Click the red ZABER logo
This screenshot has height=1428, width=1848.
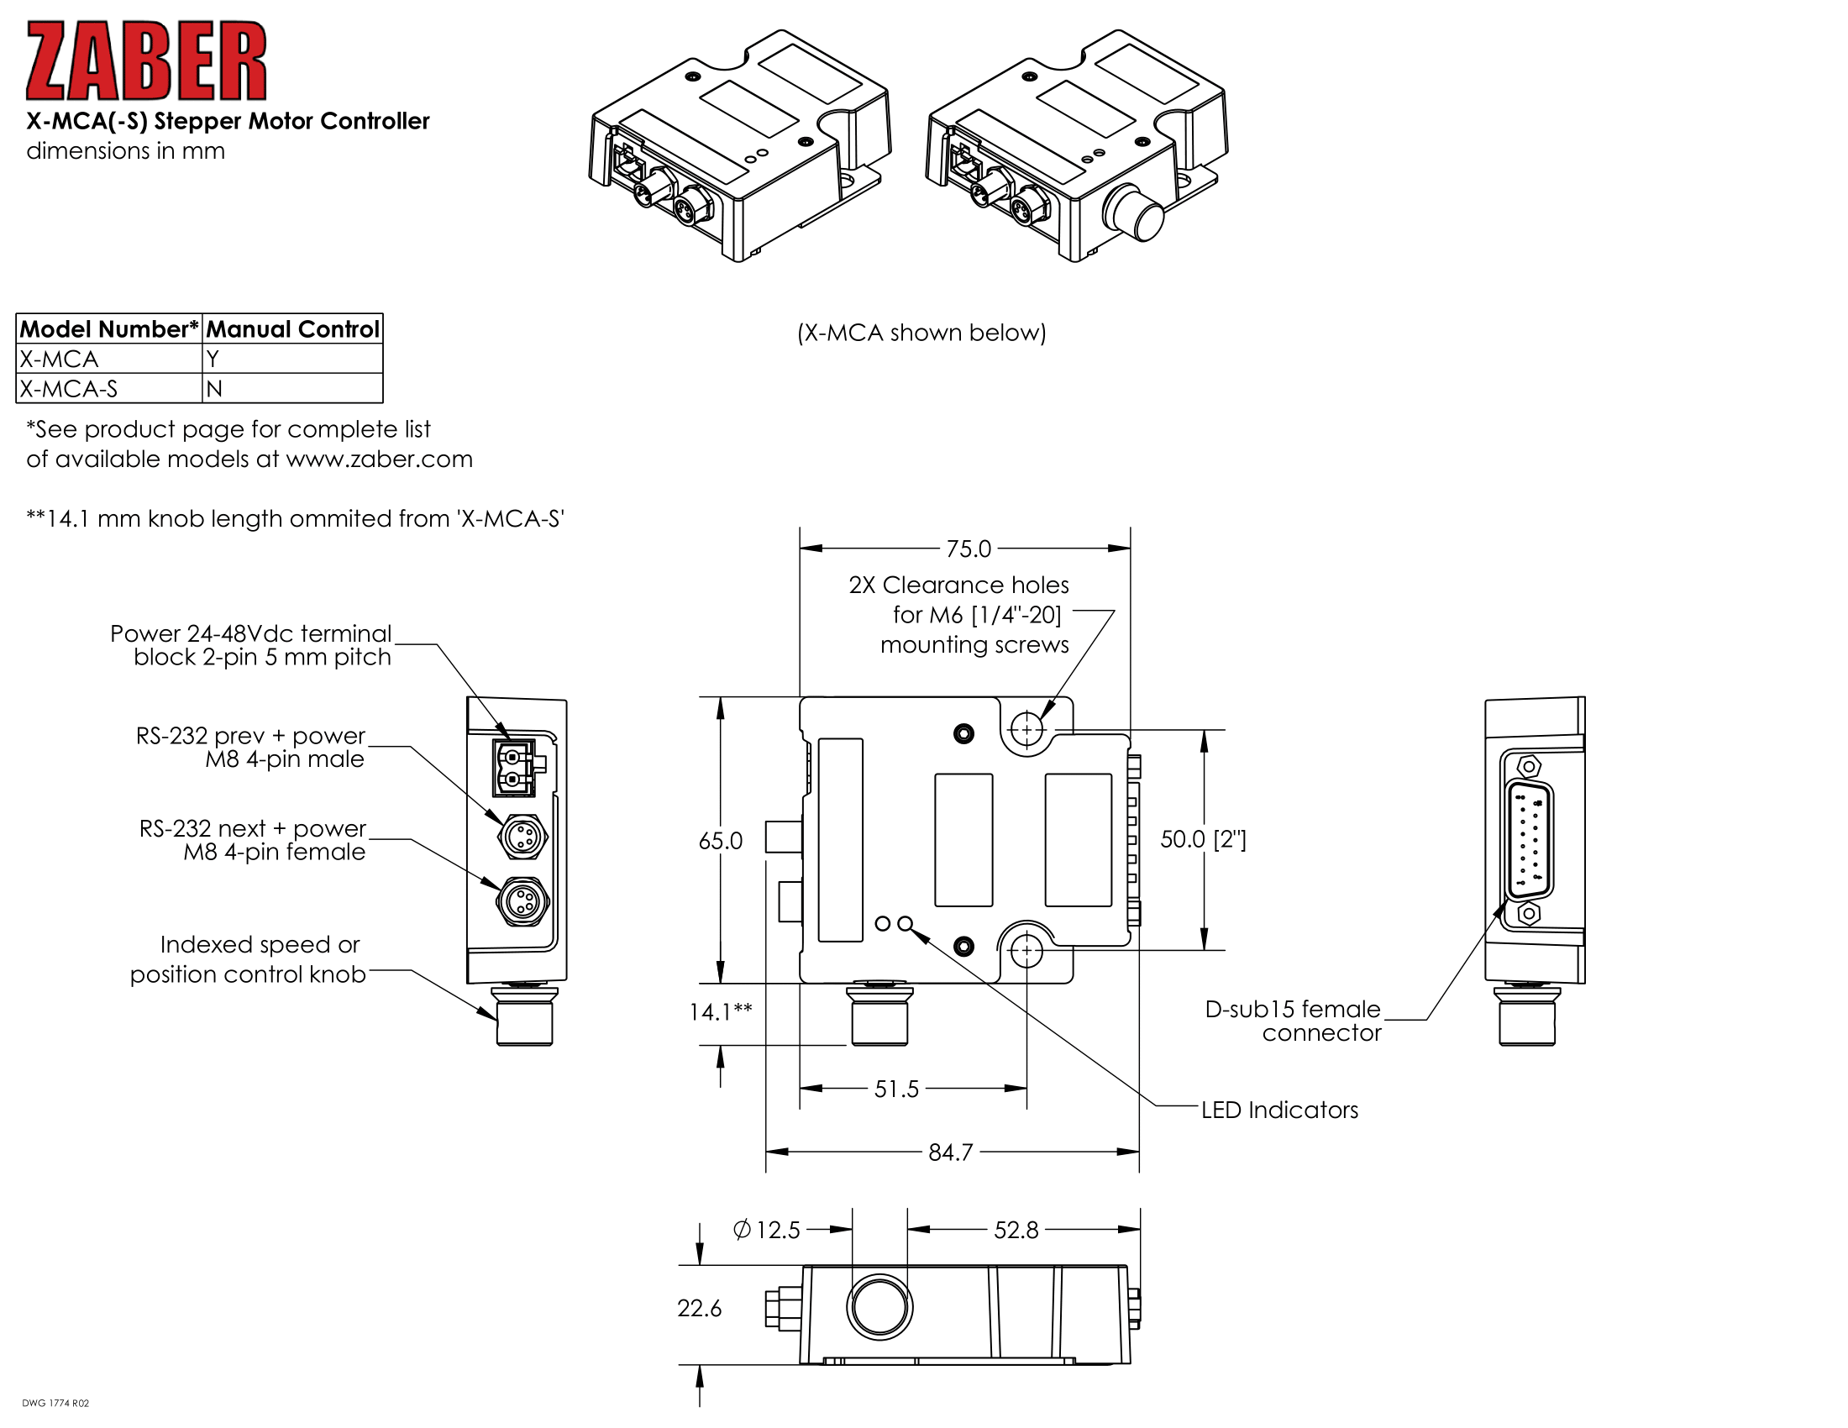tap(145, 61)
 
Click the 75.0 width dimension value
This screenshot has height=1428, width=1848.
tap(968, 549)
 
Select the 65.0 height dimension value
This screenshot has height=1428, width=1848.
tap(720, 841)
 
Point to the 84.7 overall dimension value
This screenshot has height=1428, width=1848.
tap(950, 1152)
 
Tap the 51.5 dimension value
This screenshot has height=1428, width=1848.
tap(896, 1089)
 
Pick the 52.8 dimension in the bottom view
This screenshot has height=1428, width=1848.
tap(1016, 1230)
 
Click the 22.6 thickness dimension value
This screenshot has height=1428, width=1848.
tap(699, 1309)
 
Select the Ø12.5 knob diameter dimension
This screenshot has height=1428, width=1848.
tap(767, 1230)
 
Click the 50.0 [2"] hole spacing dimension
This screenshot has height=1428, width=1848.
tap(1202, 839)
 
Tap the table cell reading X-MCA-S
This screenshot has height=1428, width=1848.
tap(69, 389)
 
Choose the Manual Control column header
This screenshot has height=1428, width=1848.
tap(293, 329)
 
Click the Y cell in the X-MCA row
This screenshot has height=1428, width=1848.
tap(213, 360)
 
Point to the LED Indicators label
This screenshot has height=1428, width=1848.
tap(1279, 1110)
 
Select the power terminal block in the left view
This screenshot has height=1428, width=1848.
tap(514, 767)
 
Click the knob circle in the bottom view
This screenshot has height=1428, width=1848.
tap(879, 1306)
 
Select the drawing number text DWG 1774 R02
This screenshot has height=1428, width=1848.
tap(55, 1404)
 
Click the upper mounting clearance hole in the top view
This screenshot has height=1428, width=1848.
tap(1026, 728)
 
